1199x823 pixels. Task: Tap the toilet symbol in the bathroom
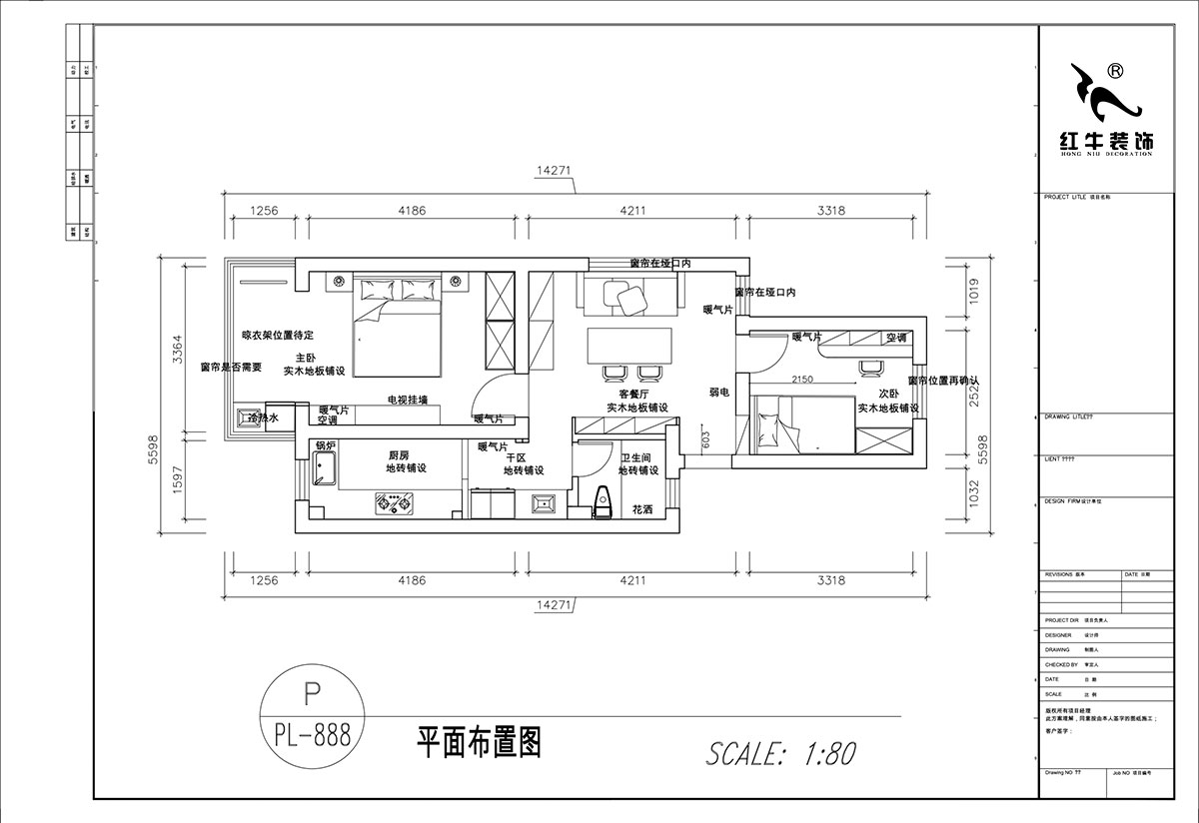click(x=601, y=501)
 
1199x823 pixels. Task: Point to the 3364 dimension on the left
click(x=177, y=349)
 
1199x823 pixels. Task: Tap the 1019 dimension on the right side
click(x=974, y=291)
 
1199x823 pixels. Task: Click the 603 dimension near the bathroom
click(x=705, y=440)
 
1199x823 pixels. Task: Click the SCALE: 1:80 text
click(x=780, y=752)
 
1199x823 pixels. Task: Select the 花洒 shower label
click(x=641, y=509)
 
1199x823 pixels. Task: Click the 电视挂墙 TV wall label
click(x=408, y=400)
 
